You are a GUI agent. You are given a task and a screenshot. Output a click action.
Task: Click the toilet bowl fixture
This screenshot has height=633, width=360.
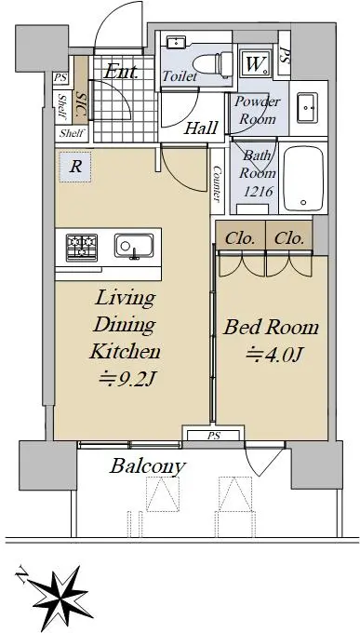(213, 63)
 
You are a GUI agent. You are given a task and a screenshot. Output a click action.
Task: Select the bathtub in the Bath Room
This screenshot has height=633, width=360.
(303, 178)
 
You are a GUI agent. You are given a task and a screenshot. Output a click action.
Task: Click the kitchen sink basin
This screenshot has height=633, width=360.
(134, 246)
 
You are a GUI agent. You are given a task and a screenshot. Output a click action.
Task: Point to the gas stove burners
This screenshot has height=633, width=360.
(82, 247)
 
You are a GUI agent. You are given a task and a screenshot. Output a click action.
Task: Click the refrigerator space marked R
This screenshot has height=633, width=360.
(75, 167)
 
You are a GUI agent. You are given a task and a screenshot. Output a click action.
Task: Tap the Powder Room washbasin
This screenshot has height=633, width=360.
(307, 108)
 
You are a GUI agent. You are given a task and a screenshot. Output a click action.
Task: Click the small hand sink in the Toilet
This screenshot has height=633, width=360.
(176, 41)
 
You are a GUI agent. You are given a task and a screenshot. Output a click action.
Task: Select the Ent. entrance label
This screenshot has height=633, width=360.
(121, 72)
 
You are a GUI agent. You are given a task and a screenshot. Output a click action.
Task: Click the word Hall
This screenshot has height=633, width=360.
(201, 128)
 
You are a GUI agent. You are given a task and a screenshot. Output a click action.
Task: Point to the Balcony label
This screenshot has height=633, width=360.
(148, 467)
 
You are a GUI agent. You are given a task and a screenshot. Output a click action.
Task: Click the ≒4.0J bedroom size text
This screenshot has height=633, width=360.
(274, 355)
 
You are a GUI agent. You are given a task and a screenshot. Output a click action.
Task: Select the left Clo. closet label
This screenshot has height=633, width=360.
(240, 239)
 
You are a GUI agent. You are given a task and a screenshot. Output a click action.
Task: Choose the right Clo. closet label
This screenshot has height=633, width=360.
(289, 239)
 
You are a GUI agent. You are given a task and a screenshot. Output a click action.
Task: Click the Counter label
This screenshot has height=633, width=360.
(217, 184)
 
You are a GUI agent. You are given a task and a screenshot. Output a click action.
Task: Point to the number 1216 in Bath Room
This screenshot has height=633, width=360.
(259, 192)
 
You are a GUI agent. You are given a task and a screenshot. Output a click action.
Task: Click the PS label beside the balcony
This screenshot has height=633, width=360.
(213, 436)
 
